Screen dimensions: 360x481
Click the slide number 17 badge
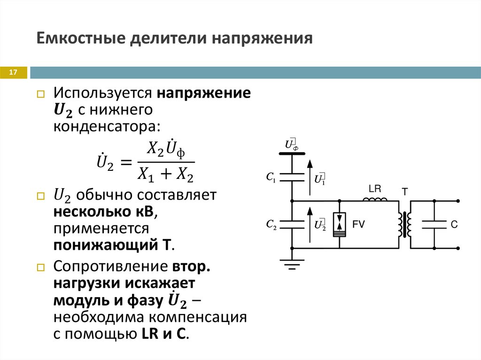click(13, 73)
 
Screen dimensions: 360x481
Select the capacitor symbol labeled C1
click(292, 178)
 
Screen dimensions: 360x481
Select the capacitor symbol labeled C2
click(292, 225)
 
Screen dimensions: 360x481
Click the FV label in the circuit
click(359, 225)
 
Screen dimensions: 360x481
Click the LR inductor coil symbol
click(375, 200)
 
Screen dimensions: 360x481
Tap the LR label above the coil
click(375, 189)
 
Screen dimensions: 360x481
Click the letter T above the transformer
click(404, 191)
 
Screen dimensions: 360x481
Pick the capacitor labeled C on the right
click(434, 225)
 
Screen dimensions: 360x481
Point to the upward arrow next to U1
click(310, 177)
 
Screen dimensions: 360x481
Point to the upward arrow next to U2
click(310, 224)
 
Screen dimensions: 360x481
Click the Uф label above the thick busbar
click(292, 145)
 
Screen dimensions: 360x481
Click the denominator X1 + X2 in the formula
click(166, 175)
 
